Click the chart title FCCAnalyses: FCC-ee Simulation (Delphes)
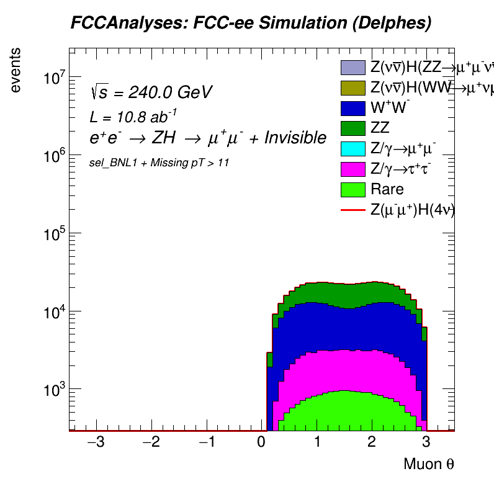(x=250, y=24)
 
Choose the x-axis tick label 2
(x=372, y=444)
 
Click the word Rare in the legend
(x=387, y=189)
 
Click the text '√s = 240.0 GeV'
(x=151, y=92)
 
